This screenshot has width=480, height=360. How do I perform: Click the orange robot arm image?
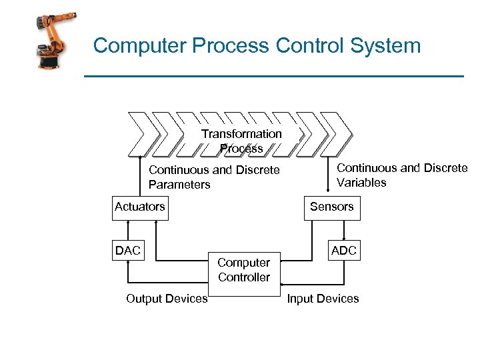point(53,41)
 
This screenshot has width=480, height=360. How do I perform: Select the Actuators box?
point(139,207)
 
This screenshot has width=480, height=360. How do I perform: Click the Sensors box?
point(331,207)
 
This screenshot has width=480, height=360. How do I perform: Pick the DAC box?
point(127,251)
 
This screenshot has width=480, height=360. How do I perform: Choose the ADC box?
point(344,251)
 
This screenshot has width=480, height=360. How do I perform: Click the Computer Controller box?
point(243,270)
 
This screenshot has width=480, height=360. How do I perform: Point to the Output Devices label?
point(167,299)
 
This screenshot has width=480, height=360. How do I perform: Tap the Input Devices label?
point(323,299)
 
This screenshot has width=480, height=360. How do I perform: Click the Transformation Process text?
point(241,141)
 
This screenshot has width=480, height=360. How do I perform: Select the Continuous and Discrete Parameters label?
point(213,177)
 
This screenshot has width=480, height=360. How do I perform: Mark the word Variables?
point(361,183)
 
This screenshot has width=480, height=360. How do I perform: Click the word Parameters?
point(179,185)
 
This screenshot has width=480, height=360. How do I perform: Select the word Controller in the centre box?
point(244,277)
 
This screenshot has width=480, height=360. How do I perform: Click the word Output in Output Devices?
point(144,299)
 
